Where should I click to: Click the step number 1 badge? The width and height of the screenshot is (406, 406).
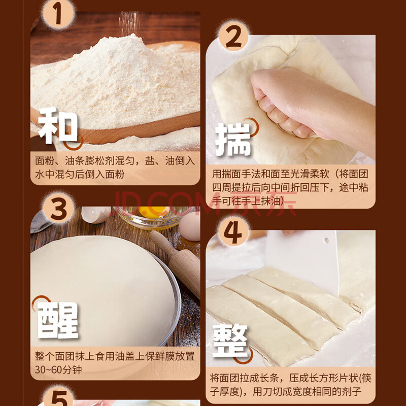pyautogui.click(x=58, y=14)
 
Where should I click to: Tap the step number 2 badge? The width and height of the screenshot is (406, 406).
pyautogui.click(x=234, y=37)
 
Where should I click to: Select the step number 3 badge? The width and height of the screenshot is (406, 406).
pyautogui.click(x=58, y=208)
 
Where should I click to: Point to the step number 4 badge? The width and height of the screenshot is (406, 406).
pyautogui.click(x=233, y=231)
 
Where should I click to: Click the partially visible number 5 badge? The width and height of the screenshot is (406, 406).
pyautogui.click(x=59, y=397)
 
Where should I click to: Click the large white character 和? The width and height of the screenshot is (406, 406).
pyautogui.click(x=58, y=125)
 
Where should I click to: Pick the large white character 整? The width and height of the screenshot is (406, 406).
pyautogui.click(x=230, y=341)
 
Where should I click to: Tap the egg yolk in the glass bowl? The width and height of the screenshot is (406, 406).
pyautogui.click(x=153, y=211)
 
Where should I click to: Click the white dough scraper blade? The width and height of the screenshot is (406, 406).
pyautogui.click(x=301, y=261)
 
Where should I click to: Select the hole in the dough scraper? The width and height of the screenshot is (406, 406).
pyautogui.click(x=326, y=240)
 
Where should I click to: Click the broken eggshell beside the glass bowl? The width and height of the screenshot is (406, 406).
pyautogui.click(x=96, y=214)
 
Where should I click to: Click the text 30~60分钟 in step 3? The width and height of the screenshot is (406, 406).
pyautogui.click(x=58, y=369)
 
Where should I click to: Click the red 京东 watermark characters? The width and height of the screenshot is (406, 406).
pyautogui.click(x=264, y=204)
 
